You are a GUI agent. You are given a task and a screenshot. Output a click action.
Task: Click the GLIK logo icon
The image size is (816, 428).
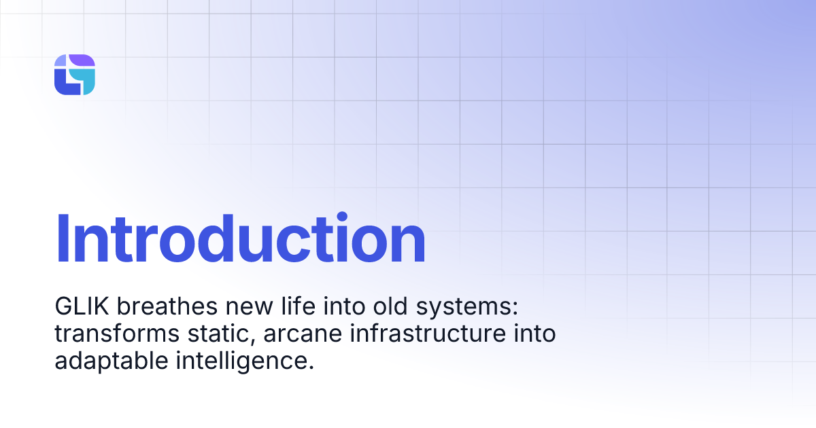(x=75, y=75)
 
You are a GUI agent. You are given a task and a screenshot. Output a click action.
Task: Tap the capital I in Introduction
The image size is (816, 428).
(x=63, y=239)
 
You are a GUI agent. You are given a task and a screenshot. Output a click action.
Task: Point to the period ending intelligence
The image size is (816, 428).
(x=311, y=368)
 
